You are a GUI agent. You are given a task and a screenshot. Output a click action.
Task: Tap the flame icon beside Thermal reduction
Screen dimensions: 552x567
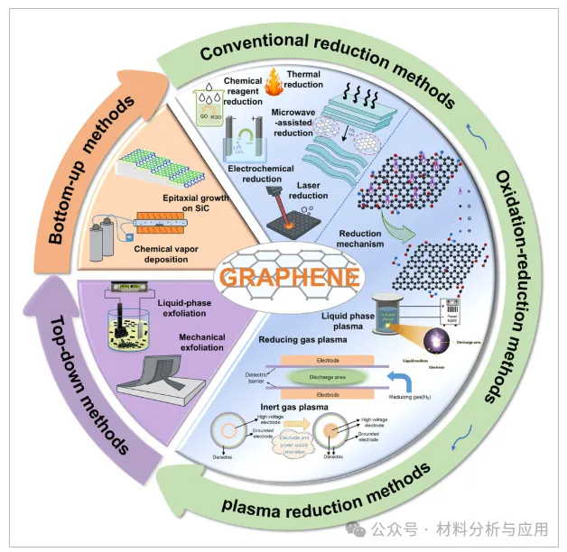[x=273, y=83]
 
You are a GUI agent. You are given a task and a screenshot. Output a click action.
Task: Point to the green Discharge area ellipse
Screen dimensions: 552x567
[x=328, y=377]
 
